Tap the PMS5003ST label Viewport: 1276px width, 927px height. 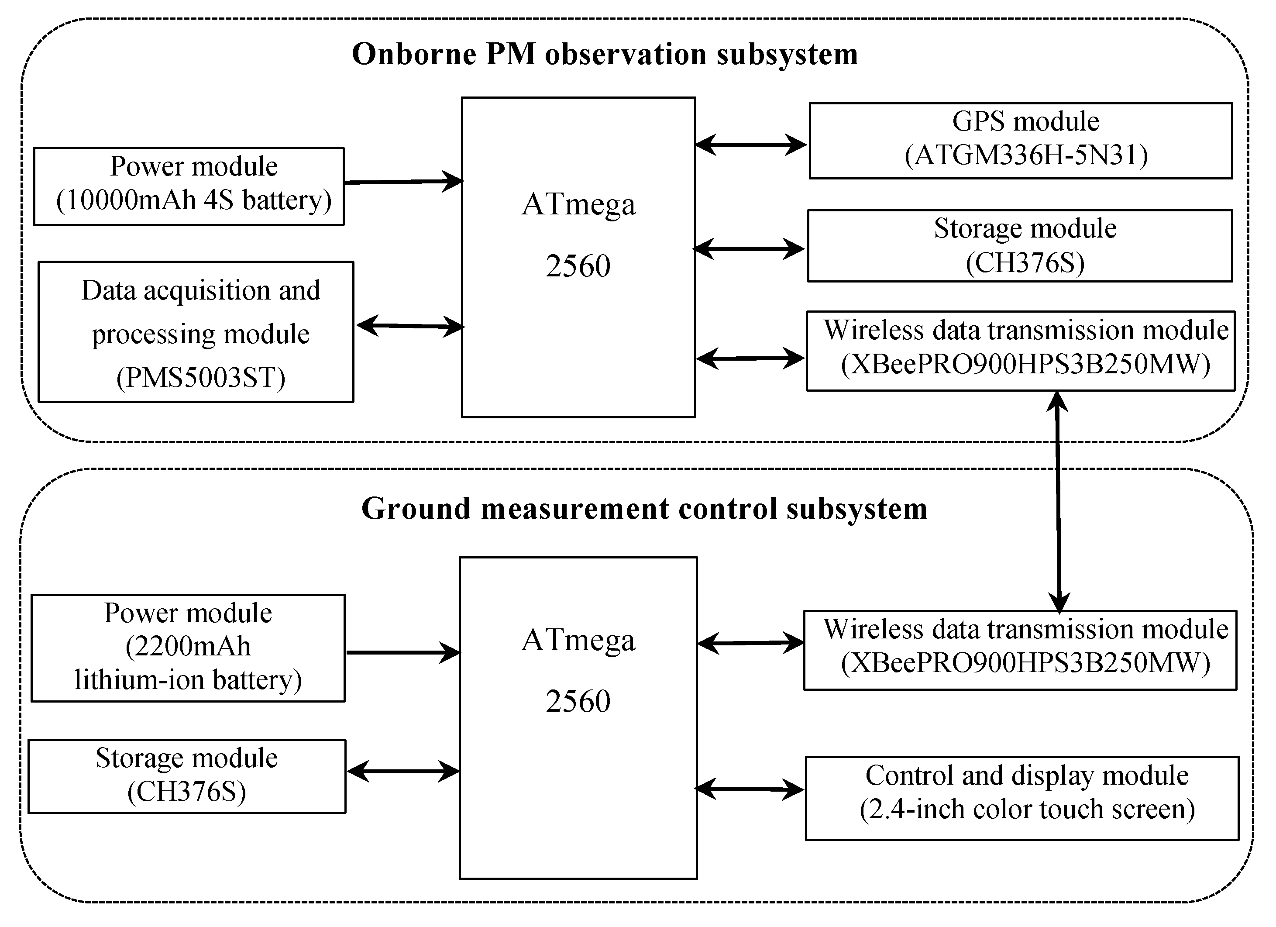pos(201,378)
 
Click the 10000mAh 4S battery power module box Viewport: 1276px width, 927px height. pos(189,186)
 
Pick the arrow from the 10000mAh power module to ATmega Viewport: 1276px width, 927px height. pos(403,182)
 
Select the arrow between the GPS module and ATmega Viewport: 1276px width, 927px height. pos(752,145)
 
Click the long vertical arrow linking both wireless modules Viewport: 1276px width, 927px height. pos(1058,501)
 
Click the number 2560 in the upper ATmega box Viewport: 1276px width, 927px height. pos(578,265)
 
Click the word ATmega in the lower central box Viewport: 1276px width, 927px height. pos(578,640)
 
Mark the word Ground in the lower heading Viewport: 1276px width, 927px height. pos(415,509)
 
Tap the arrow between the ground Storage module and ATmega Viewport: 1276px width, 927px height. pos(403,771)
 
